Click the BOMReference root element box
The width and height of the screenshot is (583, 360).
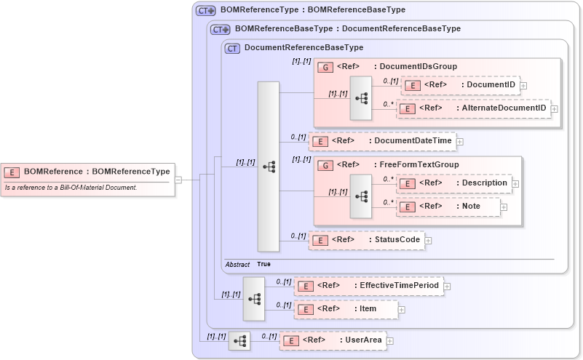pos(87,172)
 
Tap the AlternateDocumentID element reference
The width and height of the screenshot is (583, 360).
pos(473,108)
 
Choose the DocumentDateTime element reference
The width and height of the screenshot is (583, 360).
pos(382,140)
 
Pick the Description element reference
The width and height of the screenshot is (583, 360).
pos(454,183)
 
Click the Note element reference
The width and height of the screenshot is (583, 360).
pos(448,207)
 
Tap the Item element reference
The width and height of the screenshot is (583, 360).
pos(346,309)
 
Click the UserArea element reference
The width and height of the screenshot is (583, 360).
pos(333,340)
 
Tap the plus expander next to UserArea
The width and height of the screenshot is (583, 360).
pos(390,340)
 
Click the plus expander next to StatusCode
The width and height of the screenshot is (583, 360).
pos(428,239)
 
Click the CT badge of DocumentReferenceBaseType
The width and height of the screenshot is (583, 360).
pos(233,48)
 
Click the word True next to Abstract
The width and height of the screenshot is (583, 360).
pos(263,264)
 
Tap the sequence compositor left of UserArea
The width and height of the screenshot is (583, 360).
pos(239,340)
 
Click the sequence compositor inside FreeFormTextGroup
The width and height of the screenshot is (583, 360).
pos(361,196)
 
